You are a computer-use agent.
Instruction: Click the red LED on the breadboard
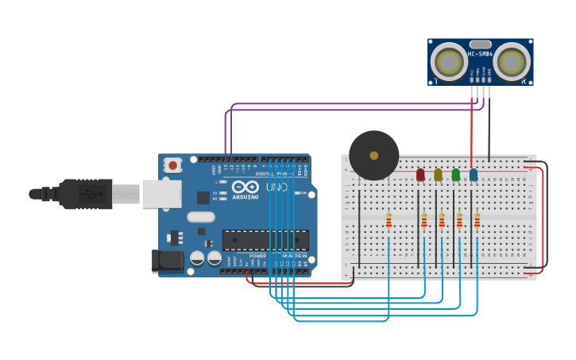pos(420,175)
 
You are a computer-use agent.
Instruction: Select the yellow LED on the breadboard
pos(438,175)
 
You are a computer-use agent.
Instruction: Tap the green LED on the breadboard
pos(455,175)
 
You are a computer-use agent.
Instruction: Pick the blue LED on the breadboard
pos(474,175)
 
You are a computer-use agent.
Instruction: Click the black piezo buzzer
pos(373,155)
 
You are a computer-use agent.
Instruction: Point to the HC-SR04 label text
pos(481,54)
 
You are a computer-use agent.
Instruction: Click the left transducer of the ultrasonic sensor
pos(449,61)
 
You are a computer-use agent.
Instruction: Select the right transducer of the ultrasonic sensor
pos(512,61)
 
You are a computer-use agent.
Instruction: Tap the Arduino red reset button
pos(172,165)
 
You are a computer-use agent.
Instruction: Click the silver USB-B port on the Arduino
pos(161,193)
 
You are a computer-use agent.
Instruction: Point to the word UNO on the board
pos(276,188)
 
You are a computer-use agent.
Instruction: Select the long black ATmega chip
pos(265,239)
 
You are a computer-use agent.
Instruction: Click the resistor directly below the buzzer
pos(389,220)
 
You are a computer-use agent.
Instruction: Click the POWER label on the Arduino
pos(257,256)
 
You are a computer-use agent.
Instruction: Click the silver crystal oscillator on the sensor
pos(481,45)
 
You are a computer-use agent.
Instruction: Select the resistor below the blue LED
pos(477,220)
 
